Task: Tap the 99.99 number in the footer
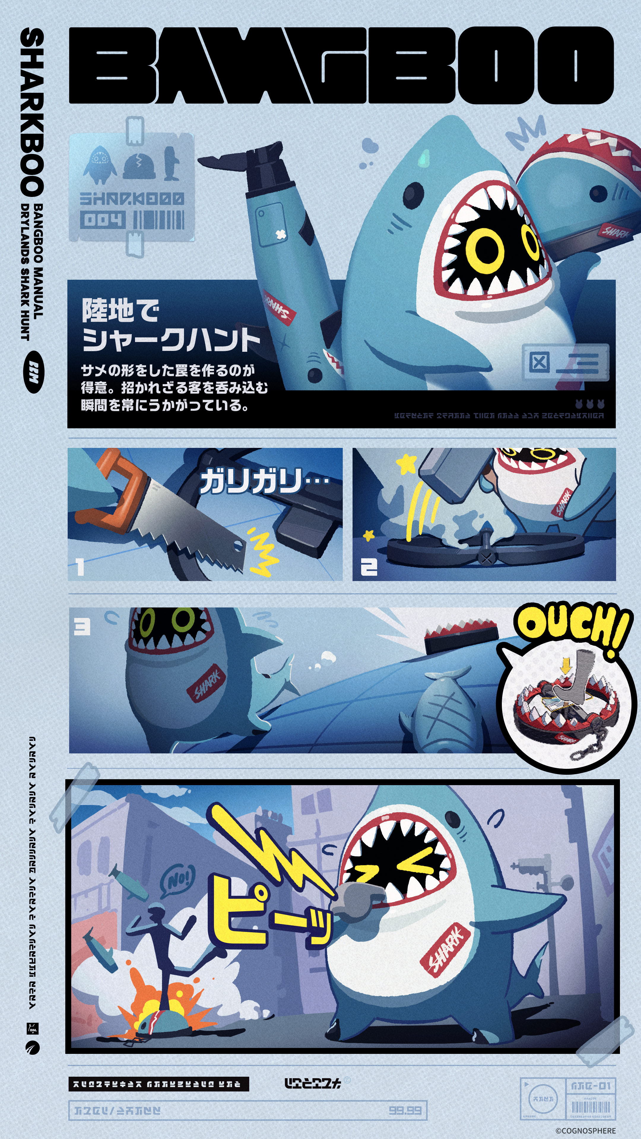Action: tap(405, 1110)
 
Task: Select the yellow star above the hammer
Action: tap(406, 464)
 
